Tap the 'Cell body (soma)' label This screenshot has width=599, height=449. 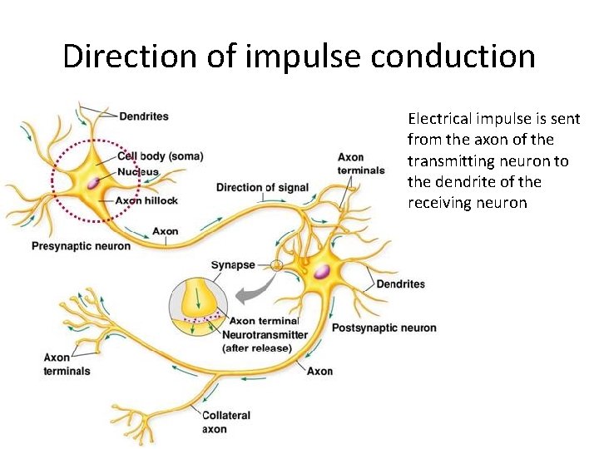click(160, 156)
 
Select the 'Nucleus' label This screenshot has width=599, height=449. click(137, 172)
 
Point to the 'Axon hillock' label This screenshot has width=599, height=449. click(148, 200)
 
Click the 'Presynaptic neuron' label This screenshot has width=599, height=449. click(81, 245)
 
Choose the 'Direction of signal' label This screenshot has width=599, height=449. click(262, 187)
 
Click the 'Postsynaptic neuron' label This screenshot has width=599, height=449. click(384, 328)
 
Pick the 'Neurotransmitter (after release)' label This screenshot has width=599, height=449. click(265, 341)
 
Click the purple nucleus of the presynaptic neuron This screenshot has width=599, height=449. click(98, 181)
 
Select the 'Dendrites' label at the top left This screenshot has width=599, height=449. click(144, 116)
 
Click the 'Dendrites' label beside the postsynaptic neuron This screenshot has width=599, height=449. click(400, 284)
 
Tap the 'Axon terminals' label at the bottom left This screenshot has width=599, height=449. click(67, 364)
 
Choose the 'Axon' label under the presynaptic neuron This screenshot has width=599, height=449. click(166, 231)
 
